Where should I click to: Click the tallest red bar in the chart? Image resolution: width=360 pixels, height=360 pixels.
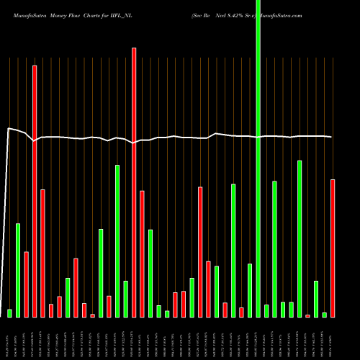click(134, 180)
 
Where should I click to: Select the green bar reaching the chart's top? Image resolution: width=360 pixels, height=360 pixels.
click(258, 158)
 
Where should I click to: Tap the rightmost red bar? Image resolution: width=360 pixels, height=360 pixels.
click(333, 248)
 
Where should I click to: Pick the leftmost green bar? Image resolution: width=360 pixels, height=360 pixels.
click(10, 312)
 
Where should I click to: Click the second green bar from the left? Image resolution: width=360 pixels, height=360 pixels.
click(18, 270)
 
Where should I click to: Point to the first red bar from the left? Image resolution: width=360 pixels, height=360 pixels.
click(27, 284)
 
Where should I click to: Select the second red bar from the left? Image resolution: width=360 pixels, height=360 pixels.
click(35, 191)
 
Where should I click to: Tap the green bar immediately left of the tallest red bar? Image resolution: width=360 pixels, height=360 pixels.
click(125, 298)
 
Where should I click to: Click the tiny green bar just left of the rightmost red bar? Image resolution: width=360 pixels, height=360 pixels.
click(324, 314)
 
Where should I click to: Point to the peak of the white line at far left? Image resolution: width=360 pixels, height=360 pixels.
click(9, 129)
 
